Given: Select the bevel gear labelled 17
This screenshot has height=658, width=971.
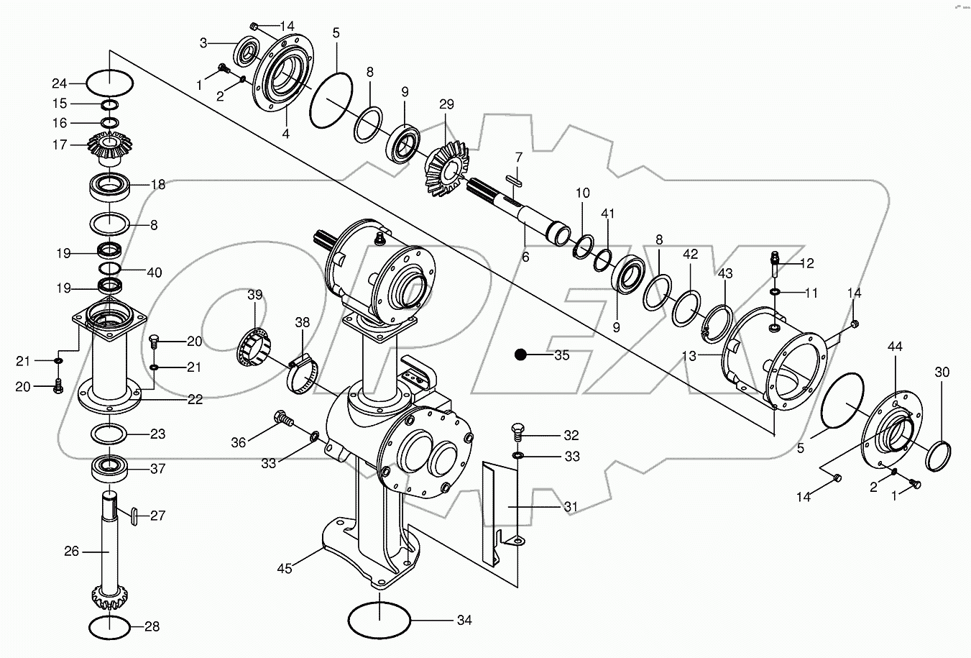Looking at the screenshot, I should (x=110, y=147).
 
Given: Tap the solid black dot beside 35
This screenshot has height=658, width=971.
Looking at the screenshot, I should (x=522, y=355).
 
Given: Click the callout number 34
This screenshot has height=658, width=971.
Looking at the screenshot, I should (x=464, y=619).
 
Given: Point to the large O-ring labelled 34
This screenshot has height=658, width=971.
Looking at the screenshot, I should (x=379, y=618).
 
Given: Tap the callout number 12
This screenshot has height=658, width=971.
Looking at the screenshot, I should (x=806, y=264).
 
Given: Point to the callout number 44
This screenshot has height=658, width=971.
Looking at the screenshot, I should (x=895, y=347).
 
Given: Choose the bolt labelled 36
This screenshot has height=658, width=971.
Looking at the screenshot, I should (x=283, y=416).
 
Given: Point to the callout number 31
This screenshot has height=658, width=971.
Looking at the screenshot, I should (x=570, y=507).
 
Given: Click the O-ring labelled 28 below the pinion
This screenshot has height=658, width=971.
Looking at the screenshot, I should (x=110, y=626).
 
